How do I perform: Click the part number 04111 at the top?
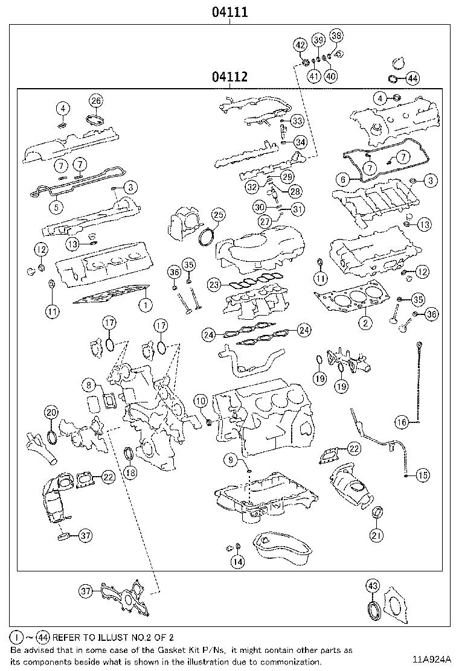pos(230,11)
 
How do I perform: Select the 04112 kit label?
pos(230,77)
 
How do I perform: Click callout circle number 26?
pos(96,100)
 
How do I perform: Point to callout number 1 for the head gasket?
pos(144,305)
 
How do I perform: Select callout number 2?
pos(365,323)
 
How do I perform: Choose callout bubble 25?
pos(217,215)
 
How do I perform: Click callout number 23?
pos(213,284)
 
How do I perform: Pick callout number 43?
pos(372,585)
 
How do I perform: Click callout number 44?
pos(412,78)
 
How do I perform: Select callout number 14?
pos(238,562)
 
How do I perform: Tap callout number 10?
pos(200,400)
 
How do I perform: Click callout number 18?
pos(130,473)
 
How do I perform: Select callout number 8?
pos(89,384)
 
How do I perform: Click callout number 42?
pos(300,44)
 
